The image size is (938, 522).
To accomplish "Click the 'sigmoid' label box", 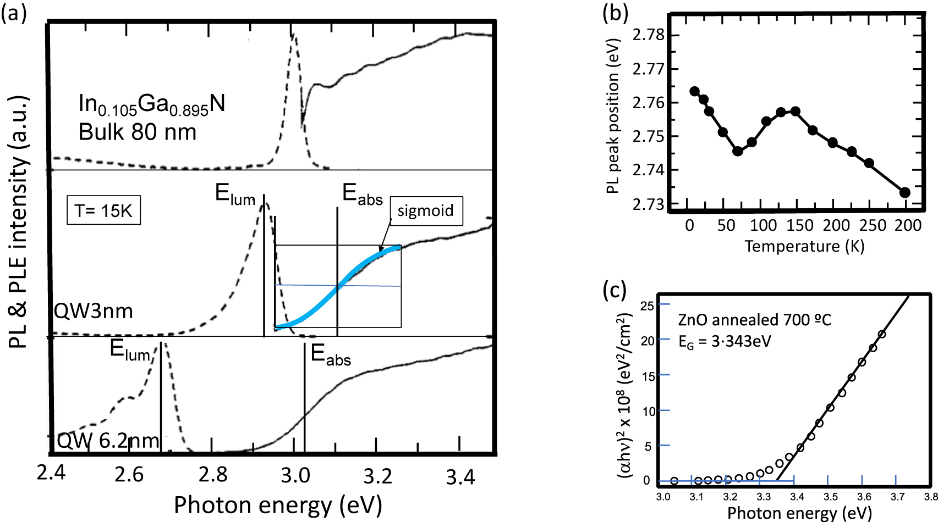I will (x=426, y=211).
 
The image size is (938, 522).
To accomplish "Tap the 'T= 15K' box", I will (x=103, y=210).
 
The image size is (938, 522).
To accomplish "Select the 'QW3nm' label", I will (x=93, y=312).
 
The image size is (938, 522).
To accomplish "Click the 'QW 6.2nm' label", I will (x=108, y=440).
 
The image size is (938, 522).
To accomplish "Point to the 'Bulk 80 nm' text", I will (x=138, y=132).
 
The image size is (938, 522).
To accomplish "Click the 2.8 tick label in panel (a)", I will (x=212, y=475).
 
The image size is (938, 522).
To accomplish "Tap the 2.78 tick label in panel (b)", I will (x=649, y=35).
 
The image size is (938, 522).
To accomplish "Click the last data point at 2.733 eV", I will (x=904, y=192).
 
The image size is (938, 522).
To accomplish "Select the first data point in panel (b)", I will (x=694, y=91).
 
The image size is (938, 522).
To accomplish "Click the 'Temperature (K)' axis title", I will (x=804, y=246).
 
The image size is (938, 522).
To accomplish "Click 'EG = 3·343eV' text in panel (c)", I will (x=725, y=342).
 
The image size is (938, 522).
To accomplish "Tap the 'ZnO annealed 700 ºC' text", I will (x=754, y=320).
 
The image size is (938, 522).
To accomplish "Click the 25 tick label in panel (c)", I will (x=648, y=306).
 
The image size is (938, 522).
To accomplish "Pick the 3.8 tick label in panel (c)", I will (x=930, y=497).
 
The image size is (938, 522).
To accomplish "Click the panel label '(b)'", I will (x=615, y=12).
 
